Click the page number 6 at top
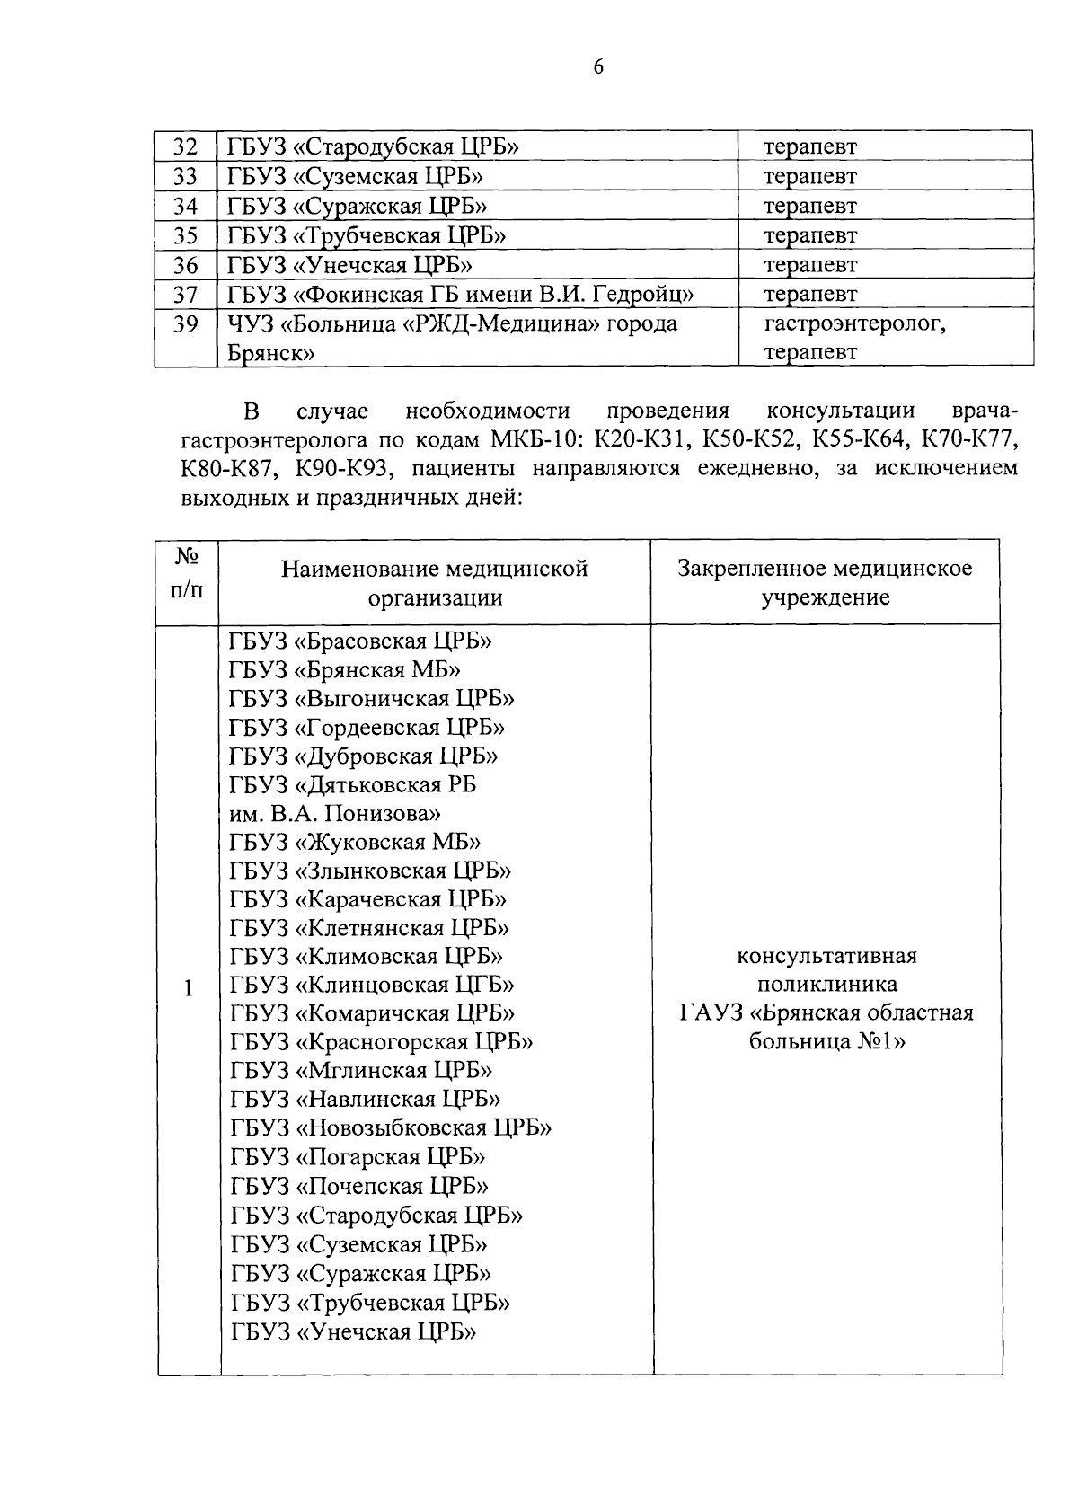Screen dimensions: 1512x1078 click(598, 67)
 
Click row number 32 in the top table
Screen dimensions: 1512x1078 click(184, 146)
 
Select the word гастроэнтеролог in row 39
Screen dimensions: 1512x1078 click(854, 323)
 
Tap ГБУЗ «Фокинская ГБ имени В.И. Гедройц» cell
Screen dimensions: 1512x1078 click(460, 294)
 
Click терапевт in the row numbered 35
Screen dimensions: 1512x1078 click(809, 235)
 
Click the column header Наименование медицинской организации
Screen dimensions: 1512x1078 click(435, 582)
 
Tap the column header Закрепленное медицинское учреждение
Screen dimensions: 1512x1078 click(825, 582)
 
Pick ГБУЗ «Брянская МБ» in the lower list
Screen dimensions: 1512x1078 click(346, 670)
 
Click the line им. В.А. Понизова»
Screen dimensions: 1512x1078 click(334, 814)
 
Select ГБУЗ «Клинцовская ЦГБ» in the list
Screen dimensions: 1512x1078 click(372, 986)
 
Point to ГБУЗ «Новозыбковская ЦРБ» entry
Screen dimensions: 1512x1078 click(391, 1128)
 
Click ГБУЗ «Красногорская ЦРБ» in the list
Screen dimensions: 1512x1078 click(381, 1042)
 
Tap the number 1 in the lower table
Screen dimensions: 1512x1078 click(189, 988)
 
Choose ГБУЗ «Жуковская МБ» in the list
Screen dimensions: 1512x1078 click(355, 843)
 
